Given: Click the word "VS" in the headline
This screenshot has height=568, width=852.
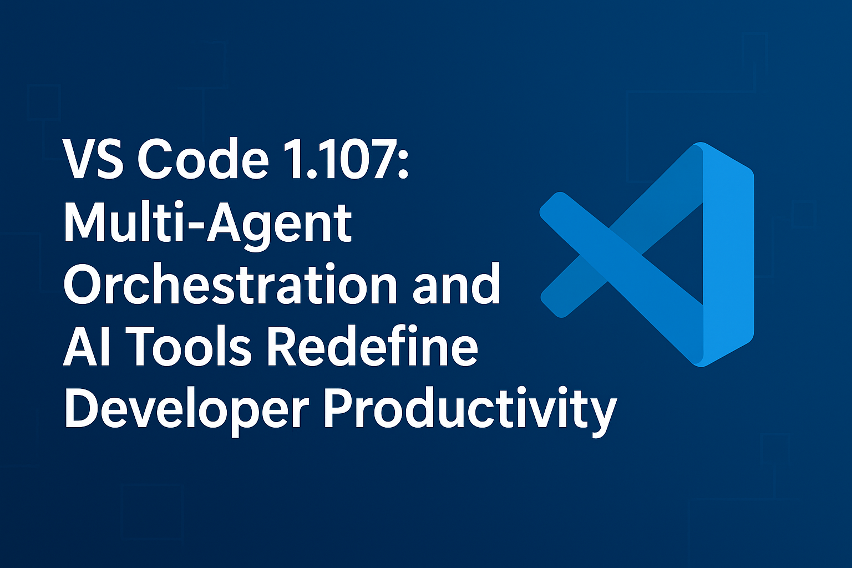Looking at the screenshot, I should [x=94, y=160].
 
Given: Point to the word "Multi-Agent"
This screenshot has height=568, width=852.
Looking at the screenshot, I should [x=208, y=224].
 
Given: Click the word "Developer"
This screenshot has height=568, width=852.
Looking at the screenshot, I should [x=186, y=410].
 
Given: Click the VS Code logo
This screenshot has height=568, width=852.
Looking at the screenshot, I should [x=647, y=254].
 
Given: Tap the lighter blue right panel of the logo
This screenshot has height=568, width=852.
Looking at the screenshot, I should [x=728, y=254].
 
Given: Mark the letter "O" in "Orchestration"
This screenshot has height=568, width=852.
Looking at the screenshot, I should [x=84, y=285].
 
